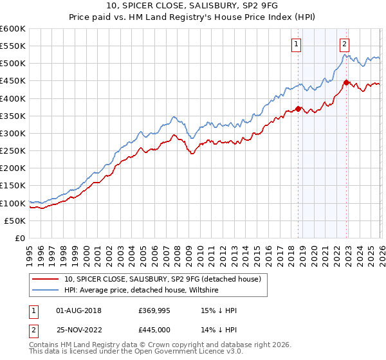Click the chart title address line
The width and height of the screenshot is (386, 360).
(x=193, y=6)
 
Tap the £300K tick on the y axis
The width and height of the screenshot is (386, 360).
(x=13, y=133)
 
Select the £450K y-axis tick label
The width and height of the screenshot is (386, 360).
(x=13, y=81)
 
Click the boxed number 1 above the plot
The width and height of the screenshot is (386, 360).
(x=297, y=44)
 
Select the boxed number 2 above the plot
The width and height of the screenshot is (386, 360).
(x=345, y=44)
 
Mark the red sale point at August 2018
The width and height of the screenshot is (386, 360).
(x=299, y=109)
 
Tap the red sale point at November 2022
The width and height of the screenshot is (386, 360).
(x=347, y=82)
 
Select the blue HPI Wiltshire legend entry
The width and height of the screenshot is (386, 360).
(x=142, y=291)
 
